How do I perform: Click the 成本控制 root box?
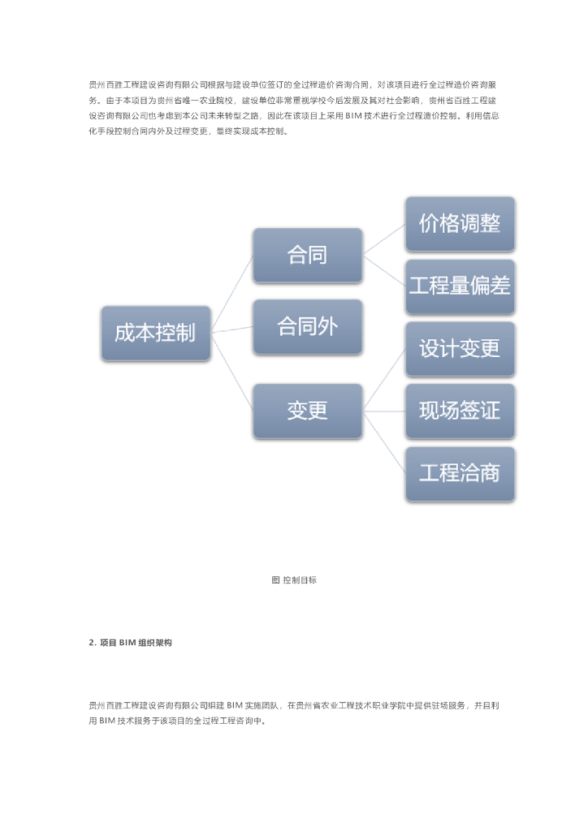tap(155, 333)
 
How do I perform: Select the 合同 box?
tap(307, 255)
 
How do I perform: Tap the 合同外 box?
tap(307, 326)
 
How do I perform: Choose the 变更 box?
tap(307, 411)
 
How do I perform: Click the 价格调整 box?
tap(460, 224)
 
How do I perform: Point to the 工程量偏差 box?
tap(460, 286)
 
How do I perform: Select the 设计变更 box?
tap(460, 349)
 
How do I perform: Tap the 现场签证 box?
tap(460, 411)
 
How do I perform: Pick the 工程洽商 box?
tap(460, 473)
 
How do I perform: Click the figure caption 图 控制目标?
tap(293, 580)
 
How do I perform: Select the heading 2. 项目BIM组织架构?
tap(130, 643)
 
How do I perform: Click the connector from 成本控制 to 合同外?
tap(231, 329)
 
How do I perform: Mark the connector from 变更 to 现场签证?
tap(384, 411)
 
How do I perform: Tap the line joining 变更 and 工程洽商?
tap(384, 441)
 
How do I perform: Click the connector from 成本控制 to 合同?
tap(231, 294)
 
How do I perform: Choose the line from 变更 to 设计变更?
tap(384, 380)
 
